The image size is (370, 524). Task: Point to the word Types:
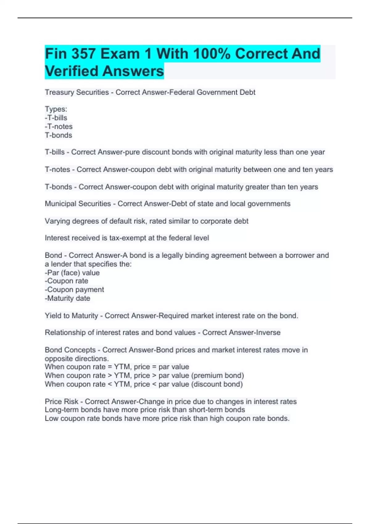click(56, 109)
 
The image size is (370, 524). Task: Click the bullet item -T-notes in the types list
click(59, 127)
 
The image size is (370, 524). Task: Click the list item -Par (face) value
click(72, 273)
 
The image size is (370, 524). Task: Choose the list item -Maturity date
click(68, 298)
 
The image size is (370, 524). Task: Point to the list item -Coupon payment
click(74, 290)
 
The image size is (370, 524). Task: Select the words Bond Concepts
click(70, 350)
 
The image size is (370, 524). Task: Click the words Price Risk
click(61, 402)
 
